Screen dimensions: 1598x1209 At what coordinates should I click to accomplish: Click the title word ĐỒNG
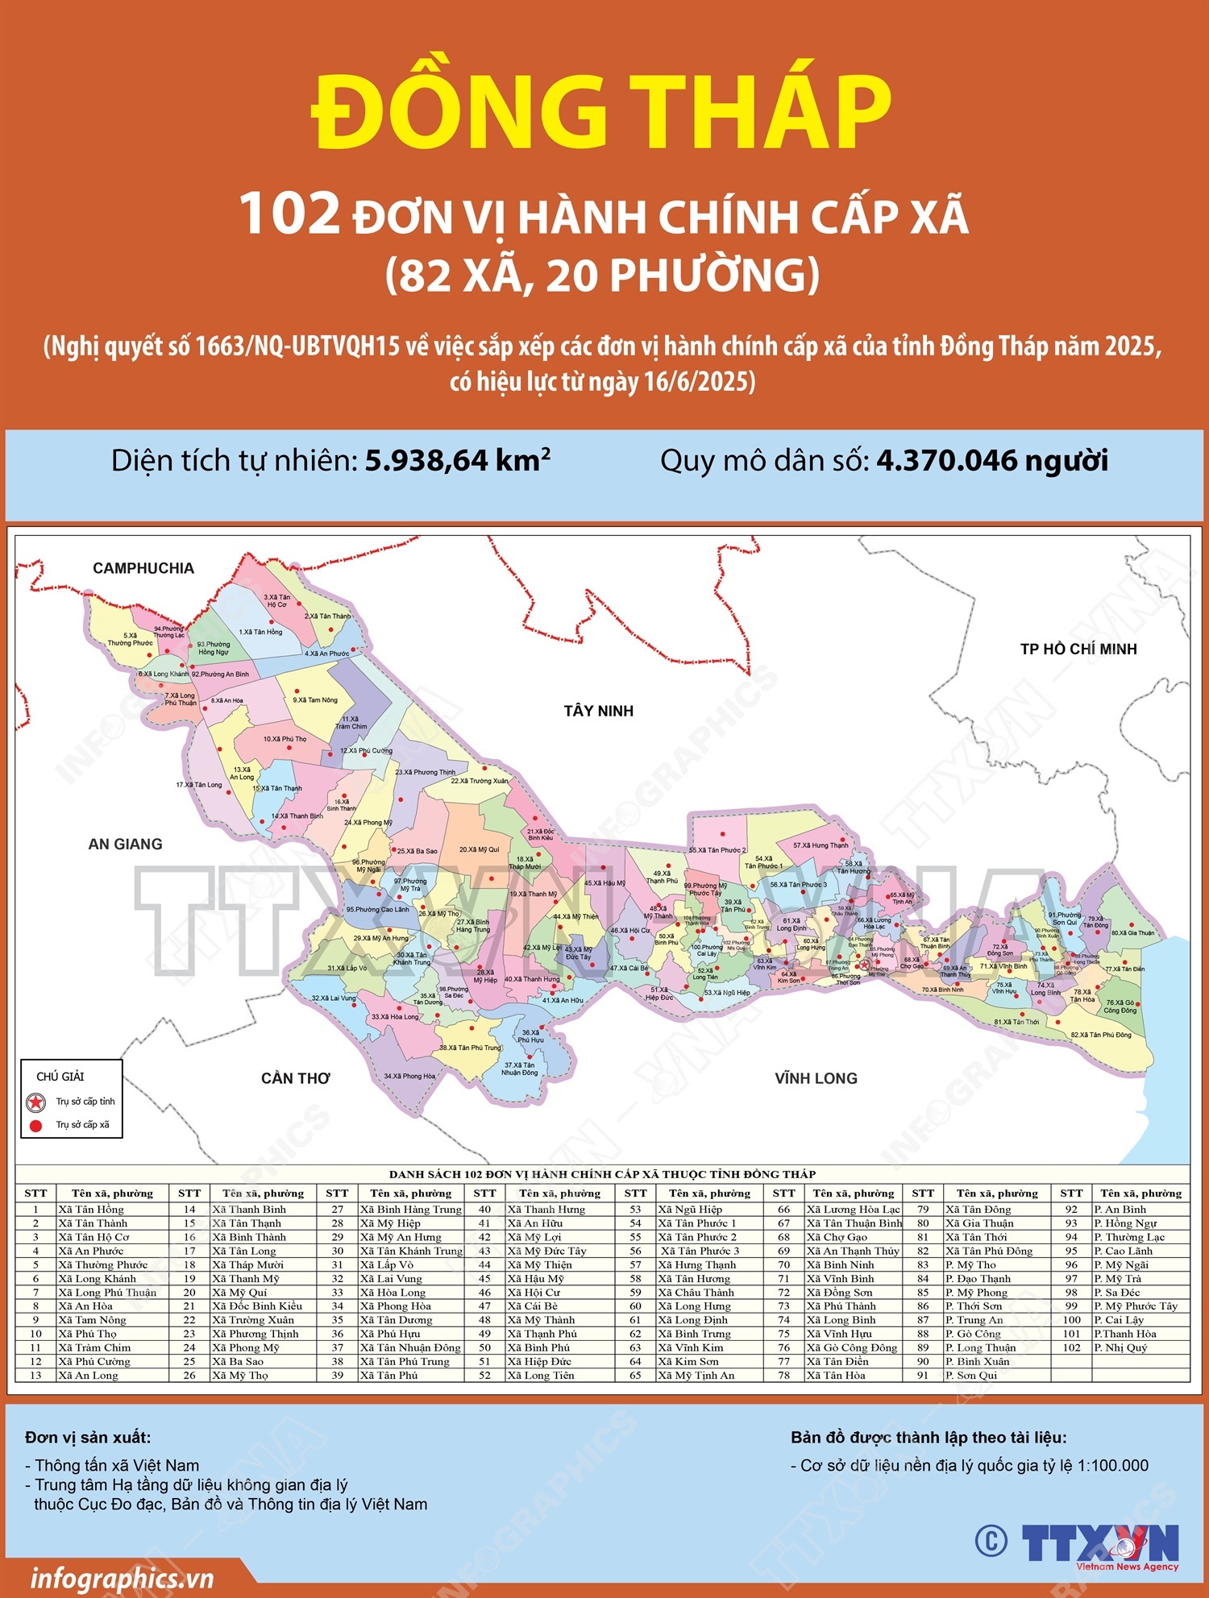(459, 113)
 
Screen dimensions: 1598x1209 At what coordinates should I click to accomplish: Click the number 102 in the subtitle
(290, 214)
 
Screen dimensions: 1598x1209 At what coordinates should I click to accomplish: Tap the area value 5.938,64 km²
(457, 461)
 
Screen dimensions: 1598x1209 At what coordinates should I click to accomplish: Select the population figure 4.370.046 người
(991, 461)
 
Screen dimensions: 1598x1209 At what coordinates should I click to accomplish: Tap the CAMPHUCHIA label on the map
(143, 568)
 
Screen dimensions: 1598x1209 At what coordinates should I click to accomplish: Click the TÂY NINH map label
(598, 711)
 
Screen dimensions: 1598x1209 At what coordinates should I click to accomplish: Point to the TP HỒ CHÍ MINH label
(1078, 649)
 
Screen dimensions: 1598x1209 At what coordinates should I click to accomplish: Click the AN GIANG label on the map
(125, 844)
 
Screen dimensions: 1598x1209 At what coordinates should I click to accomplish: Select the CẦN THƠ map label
(295, 1078)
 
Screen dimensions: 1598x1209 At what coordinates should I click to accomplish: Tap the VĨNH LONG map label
(816, 1078)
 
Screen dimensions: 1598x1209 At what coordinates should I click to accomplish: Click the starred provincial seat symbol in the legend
(35, 1102)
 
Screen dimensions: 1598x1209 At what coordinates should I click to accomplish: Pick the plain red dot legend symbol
(35, 1125)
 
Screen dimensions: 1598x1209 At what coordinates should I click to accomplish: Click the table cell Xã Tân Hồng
(91, 1210)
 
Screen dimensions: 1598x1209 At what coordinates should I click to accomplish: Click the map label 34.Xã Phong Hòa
(409, 1076)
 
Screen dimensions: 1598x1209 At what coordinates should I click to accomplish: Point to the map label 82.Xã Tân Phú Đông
(1100, 1035)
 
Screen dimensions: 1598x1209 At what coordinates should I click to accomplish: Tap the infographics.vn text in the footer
(121, 1578)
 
